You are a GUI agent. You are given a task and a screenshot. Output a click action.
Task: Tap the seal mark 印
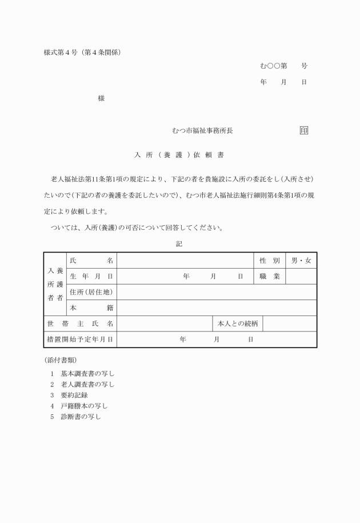[x=303, y=131]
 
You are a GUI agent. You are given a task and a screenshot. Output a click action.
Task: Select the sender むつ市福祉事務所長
[x=202, y=131]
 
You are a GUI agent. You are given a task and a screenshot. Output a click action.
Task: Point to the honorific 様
[x=101, y=98]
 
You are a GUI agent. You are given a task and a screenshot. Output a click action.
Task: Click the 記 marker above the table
[x=179, y=243]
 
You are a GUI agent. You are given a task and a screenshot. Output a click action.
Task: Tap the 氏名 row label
[x=91, y=261]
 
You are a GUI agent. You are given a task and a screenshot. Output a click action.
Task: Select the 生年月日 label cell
[x=91, y=276]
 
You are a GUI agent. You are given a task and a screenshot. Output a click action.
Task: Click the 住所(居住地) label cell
[x=91, y=292]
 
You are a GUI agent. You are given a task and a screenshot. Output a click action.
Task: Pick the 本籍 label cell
[x=91, y=308]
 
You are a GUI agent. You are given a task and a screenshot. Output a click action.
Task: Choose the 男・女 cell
[x=301, y=261]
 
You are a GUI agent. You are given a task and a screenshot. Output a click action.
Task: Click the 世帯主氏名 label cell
[x=80, y=324]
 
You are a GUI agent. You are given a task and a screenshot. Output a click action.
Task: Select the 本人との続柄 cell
[x=238, y=324]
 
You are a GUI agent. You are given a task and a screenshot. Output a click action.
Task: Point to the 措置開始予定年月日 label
[x=80, y=340]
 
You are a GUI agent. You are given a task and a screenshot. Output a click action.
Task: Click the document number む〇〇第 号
[x=283, y=66]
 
